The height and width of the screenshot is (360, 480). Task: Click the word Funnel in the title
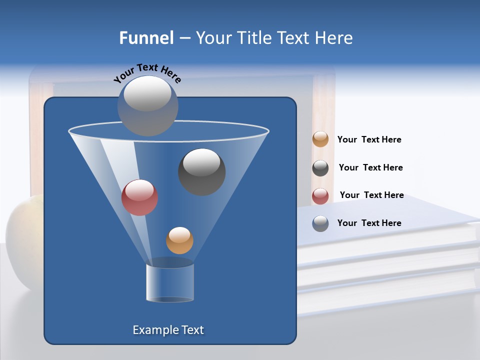pyautogui.click(x=146, y=38)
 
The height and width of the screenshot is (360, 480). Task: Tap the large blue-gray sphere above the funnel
pyautogui.click(x=148, y=106)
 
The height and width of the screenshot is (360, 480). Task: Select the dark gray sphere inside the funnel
pyautogui.click(x=202, y=172)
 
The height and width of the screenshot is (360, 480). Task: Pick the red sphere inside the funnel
pyautogui.click(x=140, y=197)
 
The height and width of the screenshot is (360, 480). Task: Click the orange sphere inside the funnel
pyautogui.click(x=179, y=240)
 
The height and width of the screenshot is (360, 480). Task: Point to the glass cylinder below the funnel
pyautogui.click(x=170, y=282)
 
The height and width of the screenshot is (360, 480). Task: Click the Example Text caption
pyautogui.click(x=168, y=330)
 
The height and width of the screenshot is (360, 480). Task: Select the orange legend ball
pyautogui.click(x=320, y=139)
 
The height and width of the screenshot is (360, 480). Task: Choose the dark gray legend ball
pyautogui.click(x=320, y=168)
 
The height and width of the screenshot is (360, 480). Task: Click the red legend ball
pyautogui.click(x=320, y=196)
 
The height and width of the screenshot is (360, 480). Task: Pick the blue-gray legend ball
pyautogui.click(x=320, y=223)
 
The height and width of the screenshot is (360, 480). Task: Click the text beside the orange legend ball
pyautogui.click(x=369, y=140)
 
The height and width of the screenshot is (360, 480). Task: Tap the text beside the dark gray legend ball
pyautogui.click(x=371, y=168)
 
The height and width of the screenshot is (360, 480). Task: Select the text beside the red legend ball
pyautogui.click(x=372, y=195)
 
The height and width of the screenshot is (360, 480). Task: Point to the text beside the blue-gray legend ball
pyautogui.click(x=369, y=223)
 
